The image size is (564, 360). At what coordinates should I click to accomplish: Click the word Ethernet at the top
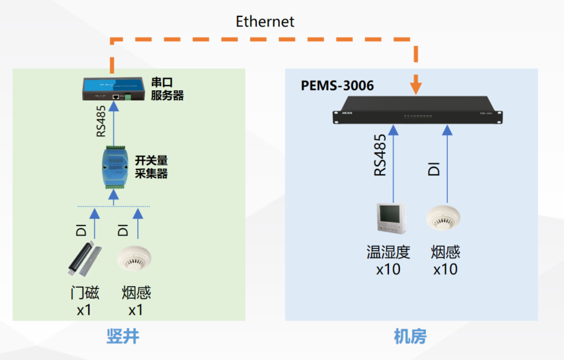pyautogui.click(x=265, y=22)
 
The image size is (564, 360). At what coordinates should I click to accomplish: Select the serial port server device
pyautogui.click(x=114, y=87)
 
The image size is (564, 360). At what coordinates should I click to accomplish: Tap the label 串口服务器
pyautogui.click(x=167, y=89)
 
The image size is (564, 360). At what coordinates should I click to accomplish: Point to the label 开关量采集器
pyautogui.click(x=151, y=167)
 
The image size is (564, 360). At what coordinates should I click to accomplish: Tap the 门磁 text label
pyautogui.click(x=85, y=293)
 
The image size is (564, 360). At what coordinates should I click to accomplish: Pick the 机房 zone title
pyautogui.click(x=410, y=336)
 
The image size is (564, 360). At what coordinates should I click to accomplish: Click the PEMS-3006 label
pyautogui.click(x=337, y=87)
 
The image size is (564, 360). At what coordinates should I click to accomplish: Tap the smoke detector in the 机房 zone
pyautogui.click(x=445, y=218)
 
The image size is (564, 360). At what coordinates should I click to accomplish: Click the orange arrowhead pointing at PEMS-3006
pyautogui.click(x=416, y=88)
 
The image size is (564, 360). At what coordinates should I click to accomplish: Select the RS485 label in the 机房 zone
pyautogui.click(x=380, y=156)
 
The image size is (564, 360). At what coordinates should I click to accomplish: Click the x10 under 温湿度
pyautogui.click(x=388, y=269)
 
